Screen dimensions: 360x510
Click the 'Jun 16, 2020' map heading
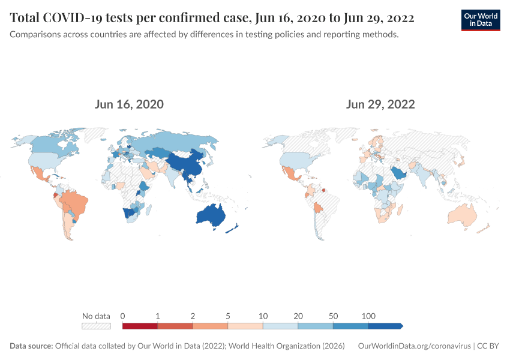click(x=129, y=104)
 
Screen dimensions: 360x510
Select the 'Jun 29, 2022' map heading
click(x=380, y=104)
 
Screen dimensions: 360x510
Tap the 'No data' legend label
click(x=96, y=316)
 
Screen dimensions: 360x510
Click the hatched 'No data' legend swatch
click(x=96, y=326)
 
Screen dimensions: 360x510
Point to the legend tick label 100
click(x=368, y=316)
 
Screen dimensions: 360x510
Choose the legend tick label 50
click(x=333, y=316)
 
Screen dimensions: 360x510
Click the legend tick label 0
click(x=122, y=316)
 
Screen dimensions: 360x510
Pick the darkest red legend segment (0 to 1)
click(x=140, y=326)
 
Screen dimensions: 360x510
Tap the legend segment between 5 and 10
click(x=245, y=326)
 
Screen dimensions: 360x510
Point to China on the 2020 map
click(x=186, y=163)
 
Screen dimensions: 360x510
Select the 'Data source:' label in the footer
click(x=31, y=346)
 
